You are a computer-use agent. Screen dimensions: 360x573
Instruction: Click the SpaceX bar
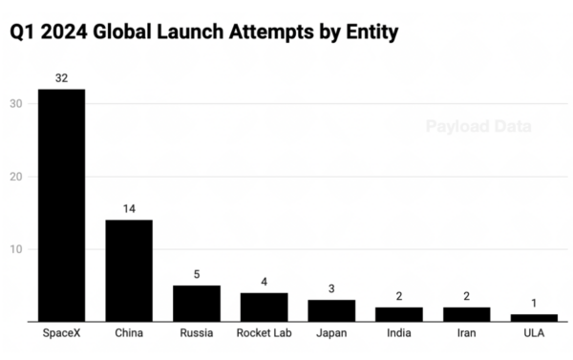[x=61, y=204]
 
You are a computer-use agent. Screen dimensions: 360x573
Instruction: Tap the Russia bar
[x=196, y=303]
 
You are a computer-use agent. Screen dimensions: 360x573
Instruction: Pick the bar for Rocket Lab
[x=264, y=307]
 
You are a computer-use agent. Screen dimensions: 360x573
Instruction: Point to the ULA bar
[x=534, y=317]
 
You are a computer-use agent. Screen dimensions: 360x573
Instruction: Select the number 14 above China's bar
[x=129, y=209]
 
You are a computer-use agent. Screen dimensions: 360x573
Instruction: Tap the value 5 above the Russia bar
[x=196, y=275]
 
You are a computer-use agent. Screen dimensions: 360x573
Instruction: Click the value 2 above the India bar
[x=398, y=297]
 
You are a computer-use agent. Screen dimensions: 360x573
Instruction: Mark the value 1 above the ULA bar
[x=534, y=305]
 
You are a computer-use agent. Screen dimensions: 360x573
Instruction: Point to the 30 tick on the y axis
[x=16, y=104]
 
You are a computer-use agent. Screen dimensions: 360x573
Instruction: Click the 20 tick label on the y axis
[x=16, y=177]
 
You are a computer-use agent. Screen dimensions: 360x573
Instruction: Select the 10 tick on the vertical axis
[x=16, y=249]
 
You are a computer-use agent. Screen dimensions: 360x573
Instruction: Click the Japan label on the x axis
[x=331, y=334]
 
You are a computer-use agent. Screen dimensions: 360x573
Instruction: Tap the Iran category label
[x=466, y=334]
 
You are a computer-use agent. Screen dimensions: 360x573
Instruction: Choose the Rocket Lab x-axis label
[x=264, y=334]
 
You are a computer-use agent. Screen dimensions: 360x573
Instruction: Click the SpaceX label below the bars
[x=61, y=334]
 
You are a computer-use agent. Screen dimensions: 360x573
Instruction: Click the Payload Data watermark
[x=477, y=126]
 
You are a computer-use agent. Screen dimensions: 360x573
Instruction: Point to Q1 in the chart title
[x=21, y=32]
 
